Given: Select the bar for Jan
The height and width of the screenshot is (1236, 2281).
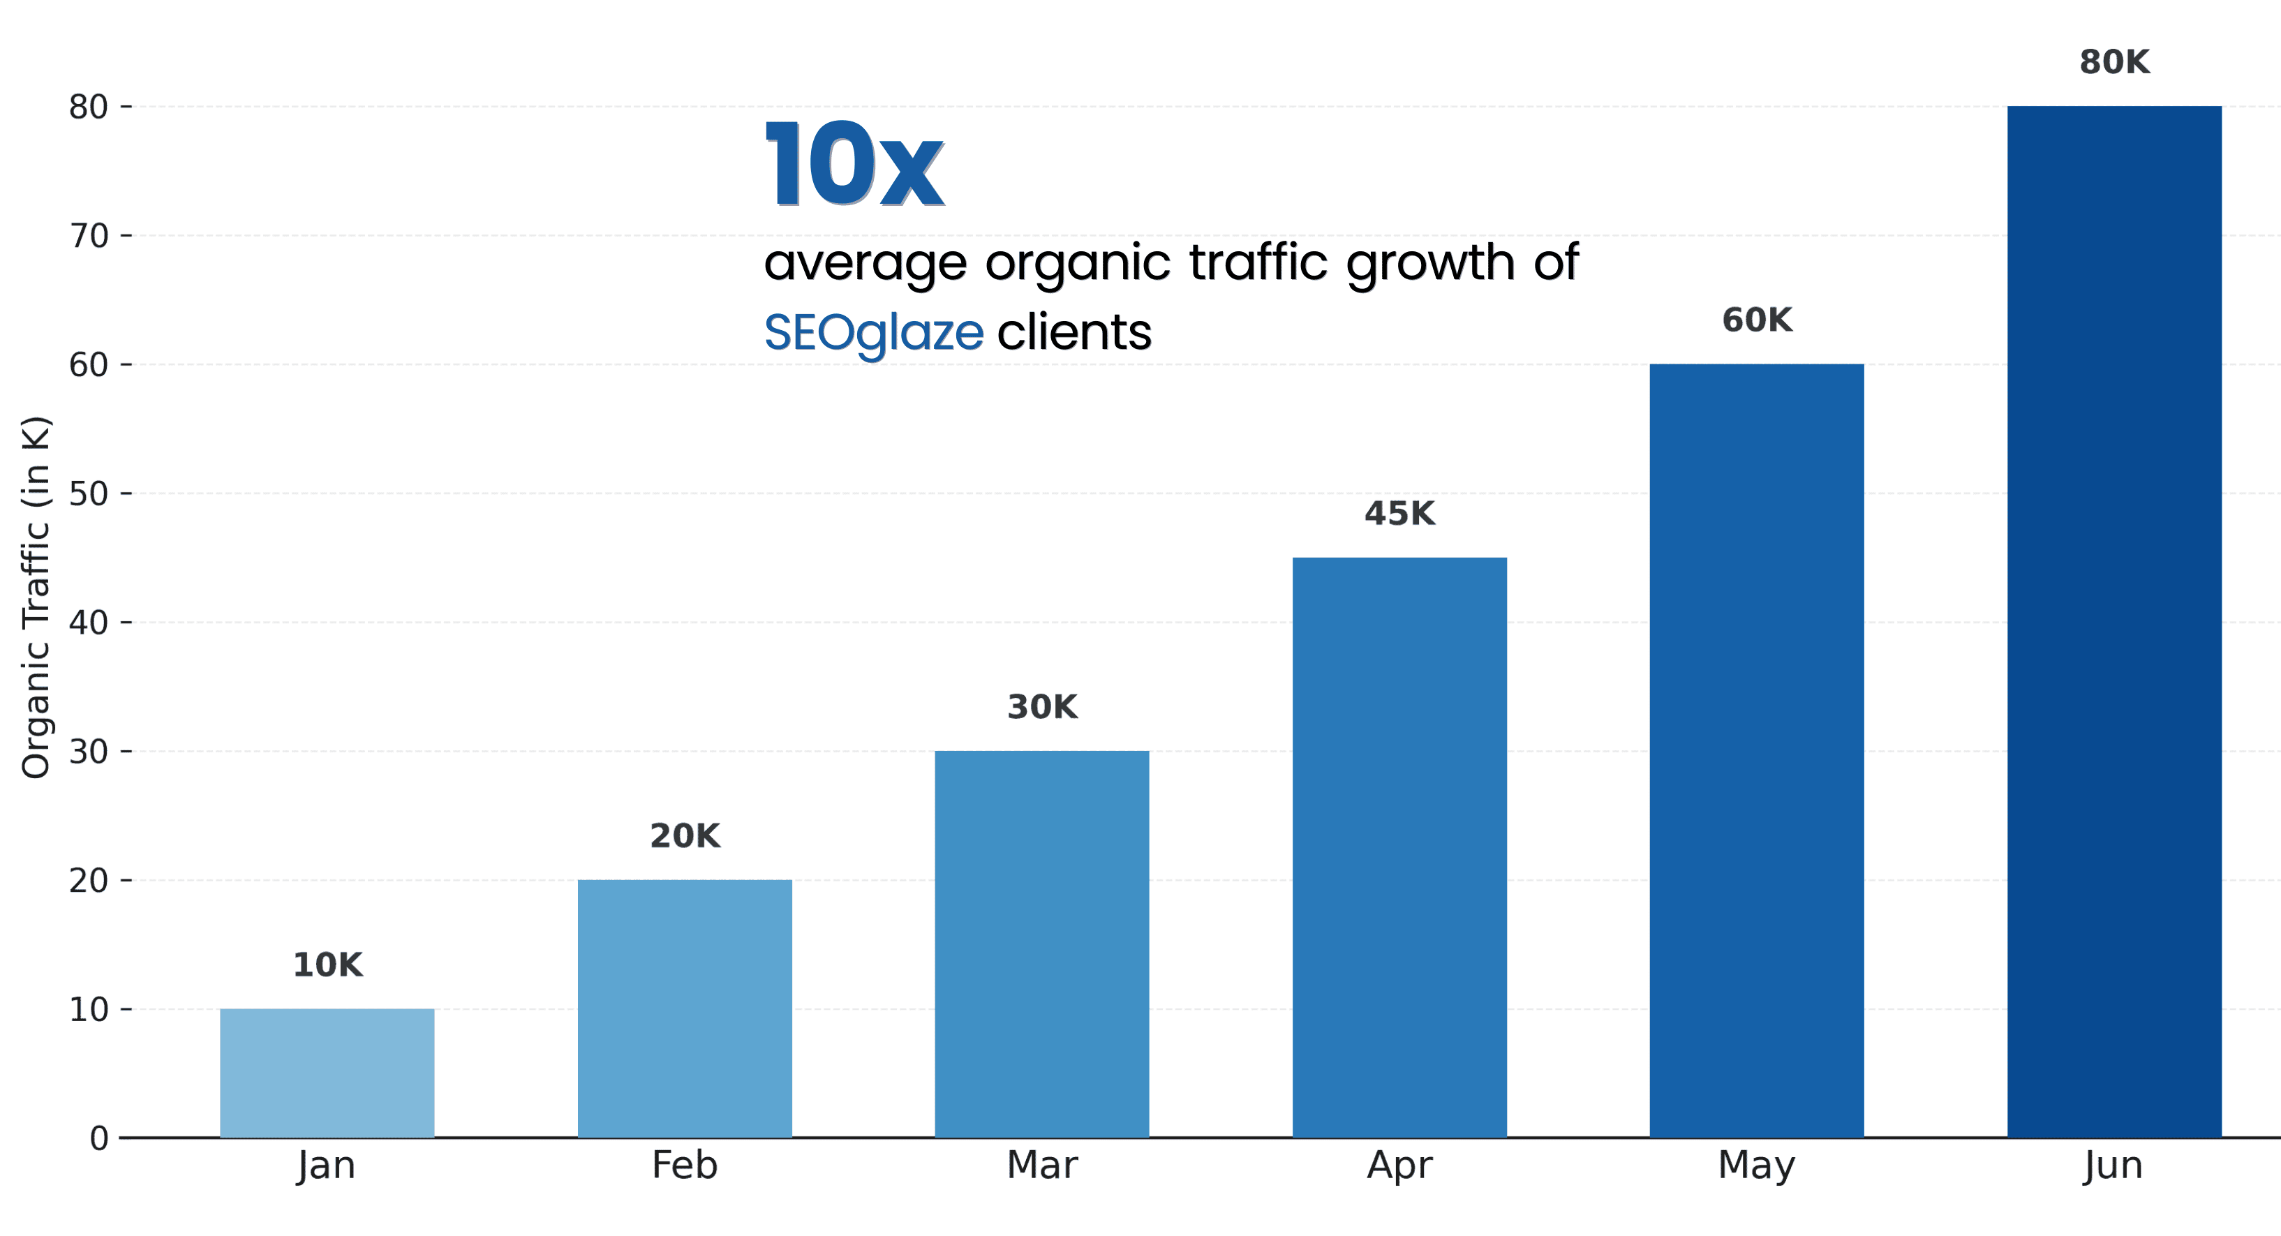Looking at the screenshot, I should tap(327, 1073).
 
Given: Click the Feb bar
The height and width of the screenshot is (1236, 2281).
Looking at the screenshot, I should tap(685, 1008).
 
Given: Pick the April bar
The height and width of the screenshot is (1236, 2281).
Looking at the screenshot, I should tap(1399, 847).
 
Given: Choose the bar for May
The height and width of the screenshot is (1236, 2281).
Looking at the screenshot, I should tap(1757, 751).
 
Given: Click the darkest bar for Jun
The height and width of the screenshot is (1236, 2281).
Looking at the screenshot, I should tap(2113, 622).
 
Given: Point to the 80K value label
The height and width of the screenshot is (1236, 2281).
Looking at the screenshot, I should tap(2113, 63).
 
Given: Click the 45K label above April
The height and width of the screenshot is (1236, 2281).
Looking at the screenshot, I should tap(1399, 514).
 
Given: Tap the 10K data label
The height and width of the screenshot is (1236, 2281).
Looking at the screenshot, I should tap(327, 965).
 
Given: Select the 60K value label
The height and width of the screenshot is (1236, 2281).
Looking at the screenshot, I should tap(1757, 320).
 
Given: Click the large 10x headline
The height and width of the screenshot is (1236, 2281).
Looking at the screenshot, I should tap(854, 165).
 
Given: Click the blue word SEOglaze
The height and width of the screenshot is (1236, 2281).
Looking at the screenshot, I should tap(873, 334).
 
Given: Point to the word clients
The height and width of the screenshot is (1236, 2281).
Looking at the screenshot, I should tap(1074, 333).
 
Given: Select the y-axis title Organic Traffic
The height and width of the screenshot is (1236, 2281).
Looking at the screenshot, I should tap(36, 597).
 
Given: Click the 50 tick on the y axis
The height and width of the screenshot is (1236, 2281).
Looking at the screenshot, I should tap(89, 494).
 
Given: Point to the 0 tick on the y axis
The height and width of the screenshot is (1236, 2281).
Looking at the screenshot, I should tap(99, 1138).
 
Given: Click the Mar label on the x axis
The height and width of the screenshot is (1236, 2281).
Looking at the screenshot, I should tap(1042, 1166).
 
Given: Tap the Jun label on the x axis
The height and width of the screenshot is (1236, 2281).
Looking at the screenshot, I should tap(2113, 1166).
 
